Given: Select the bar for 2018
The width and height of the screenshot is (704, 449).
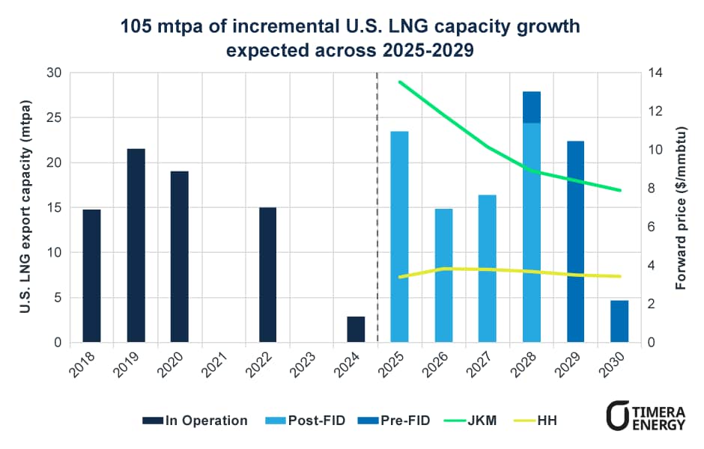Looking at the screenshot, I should click(x=91, y=276).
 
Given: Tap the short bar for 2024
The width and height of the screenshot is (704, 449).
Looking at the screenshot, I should click(x=356, y=329).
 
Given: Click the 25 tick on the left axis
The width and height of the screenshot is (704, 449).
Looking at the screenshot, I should click(x=54, y=118).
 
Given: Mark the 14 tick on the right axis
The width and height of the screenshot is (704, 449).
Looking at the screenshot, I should click(x=653, y=73).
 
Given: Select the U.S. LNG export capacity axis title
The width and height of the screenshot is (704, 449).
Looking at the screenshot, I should click(x=24, y=208).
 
